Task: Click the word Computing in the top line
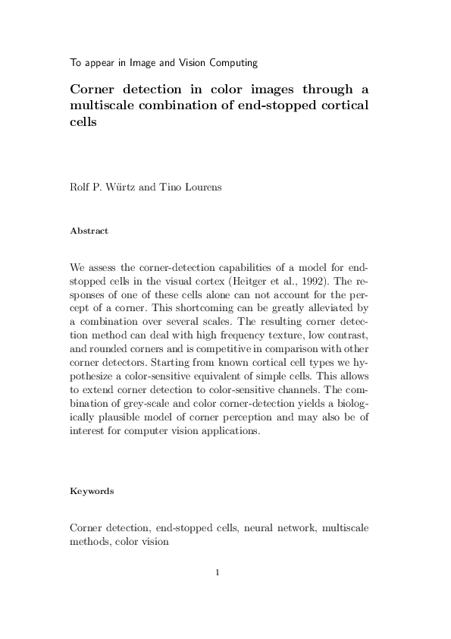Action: tap(232, 62)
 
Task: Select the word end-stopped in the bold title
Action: tap(274, 105)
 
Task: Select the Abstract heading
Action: tap(89, 231)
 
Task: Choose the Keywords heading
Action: tap(92, 491)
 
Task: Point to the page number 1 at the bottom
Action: tap(218, 572)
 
